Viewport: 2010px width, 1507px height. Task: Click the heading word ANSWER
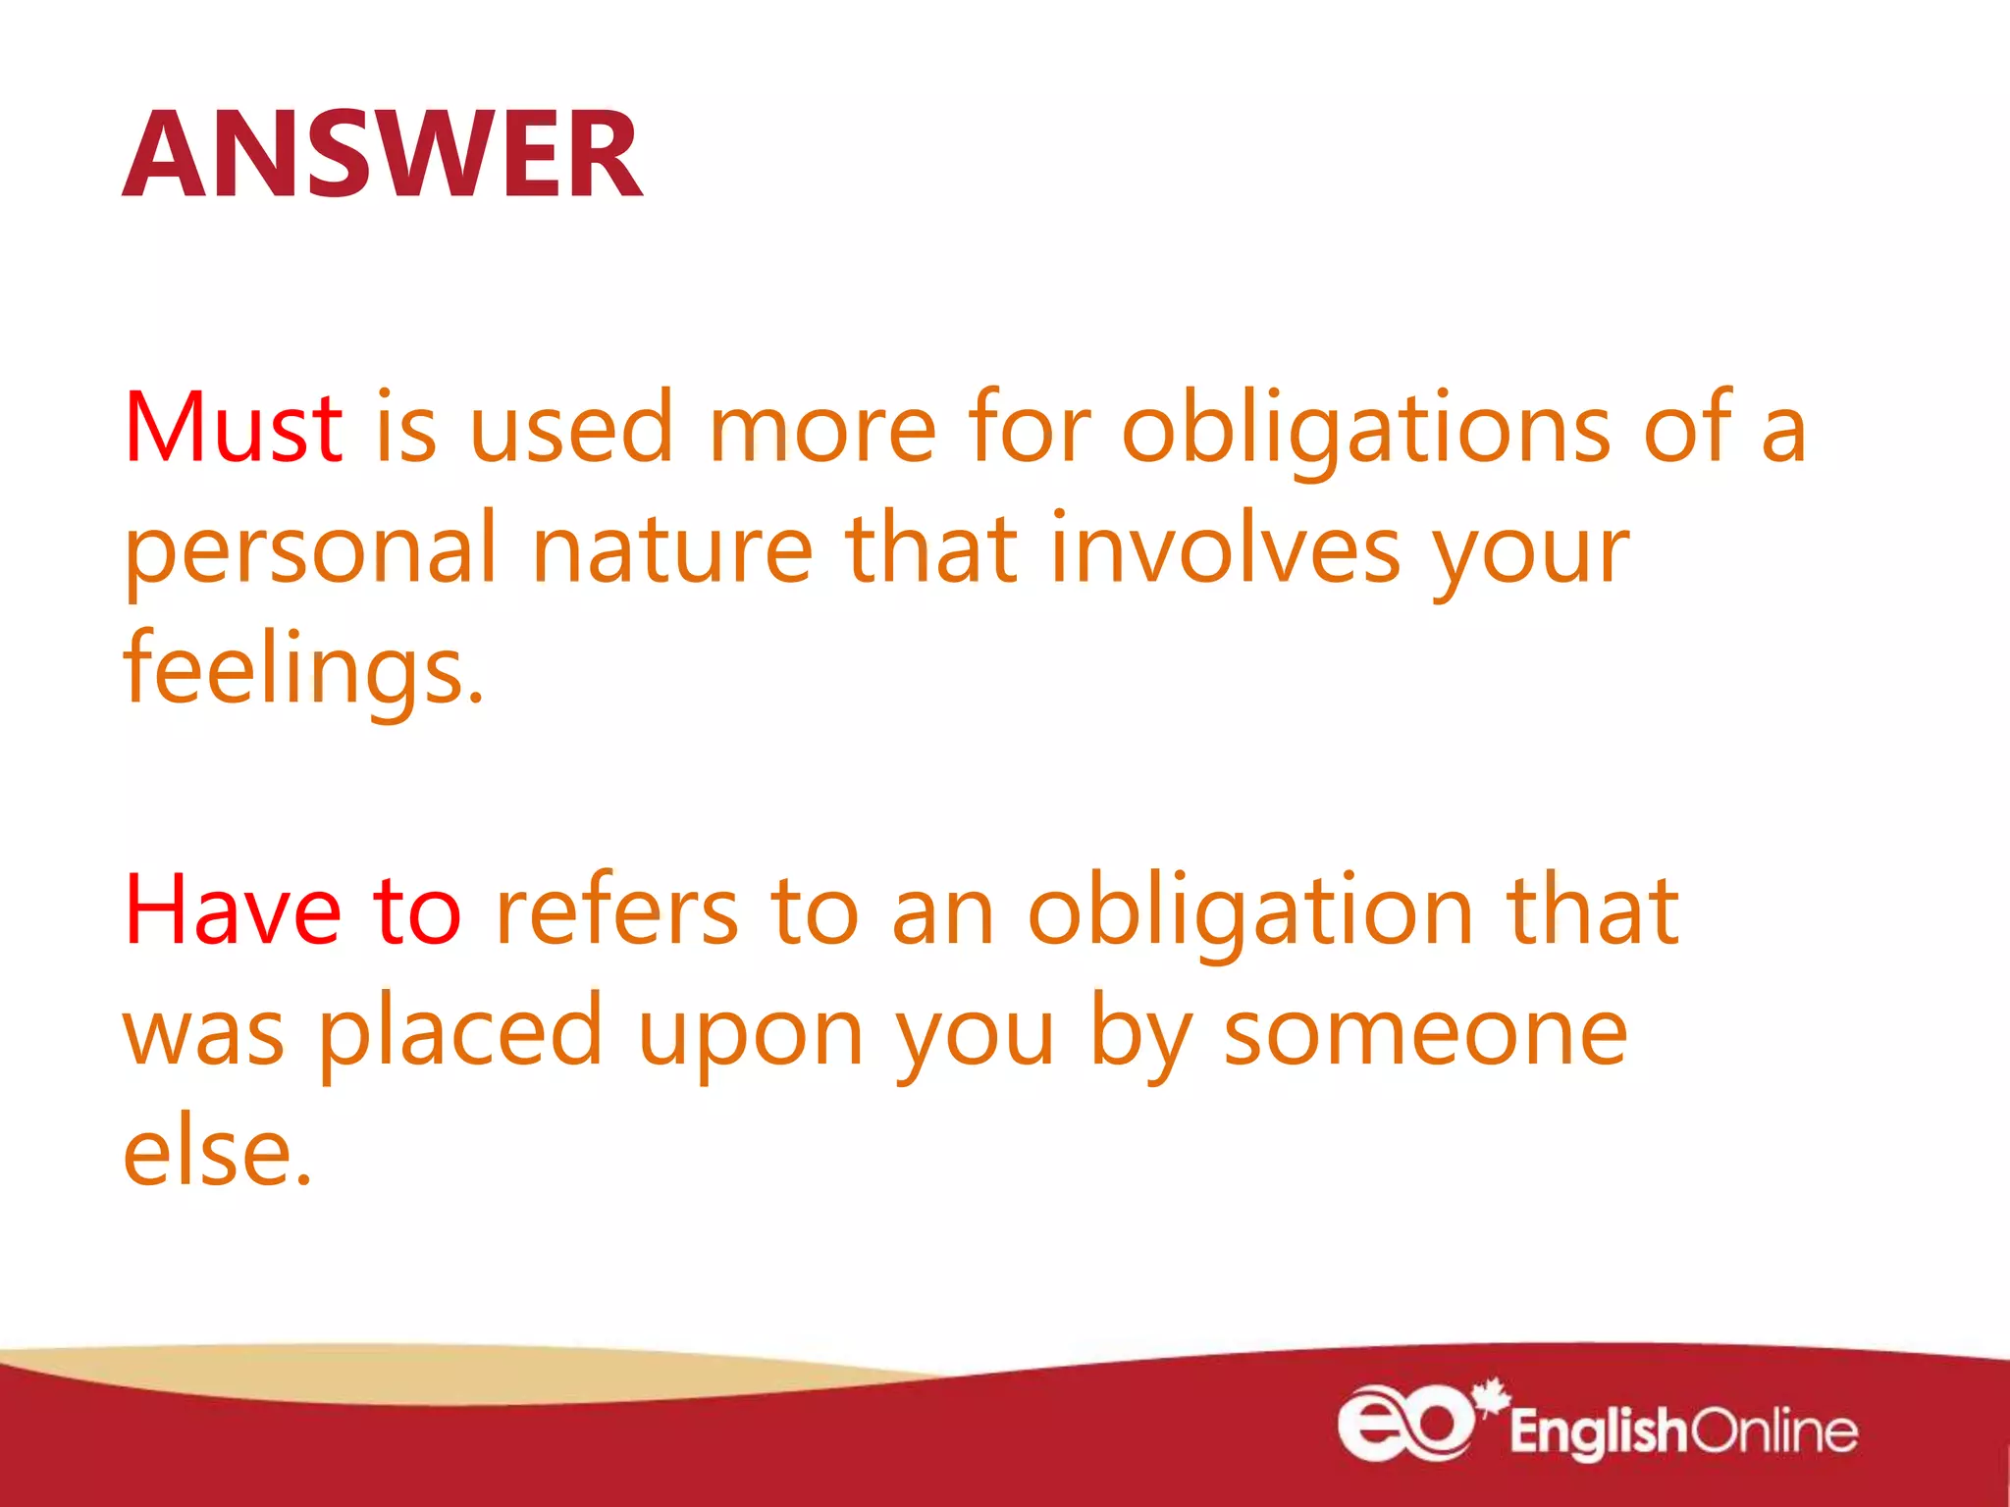[383, 155]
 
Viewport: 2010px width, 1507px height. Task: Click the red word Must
[233, 428]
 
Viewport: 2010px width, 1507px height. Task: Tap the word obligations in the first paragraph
[1365, 428]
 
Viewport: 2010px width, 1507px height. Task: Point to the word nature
[672, 549]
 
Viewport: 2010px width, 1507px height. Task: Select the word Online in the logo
[1774, 1430]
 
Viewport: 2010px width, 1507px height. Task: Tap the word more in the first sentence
[822, 428]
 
